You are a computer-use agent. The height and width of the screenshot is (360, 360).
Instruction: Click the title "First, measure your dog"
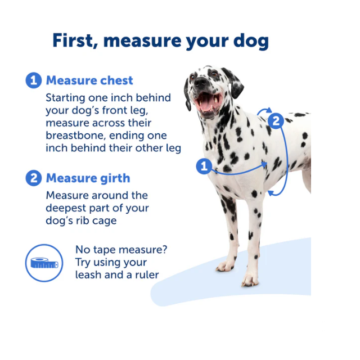pos(160,40)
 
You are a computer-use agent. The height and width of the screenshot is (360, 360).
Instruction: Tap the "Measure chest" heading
pos(89,80)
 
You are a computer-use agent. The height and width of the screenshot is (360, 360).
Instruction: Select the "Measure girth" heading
pos(88,178)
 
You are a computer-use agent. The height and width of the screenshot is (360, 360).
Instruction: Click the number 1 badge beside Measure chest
pos(34,80)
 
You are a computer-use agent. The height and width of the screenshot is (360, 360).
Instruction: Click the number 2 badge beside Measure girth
pos(34,178)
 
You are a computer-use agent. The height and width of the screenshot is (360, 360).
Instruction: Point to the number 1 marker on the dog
pos(204,166)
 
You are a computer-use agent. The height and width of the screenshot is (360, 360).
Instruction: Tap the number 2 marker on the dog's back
pos(275,120)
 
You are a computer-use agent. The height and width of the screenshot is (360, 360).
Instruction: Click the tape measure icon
pos(44,263)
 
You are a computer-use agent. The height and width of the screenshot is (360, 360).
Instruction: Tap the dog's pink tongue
pos(206,103)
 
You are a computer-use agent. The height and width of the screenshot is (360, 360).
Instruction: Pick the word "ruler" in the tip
pos(146,275)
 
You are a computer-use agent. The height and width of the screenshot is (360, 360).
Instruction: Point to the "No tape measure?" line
pos(121,250)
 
